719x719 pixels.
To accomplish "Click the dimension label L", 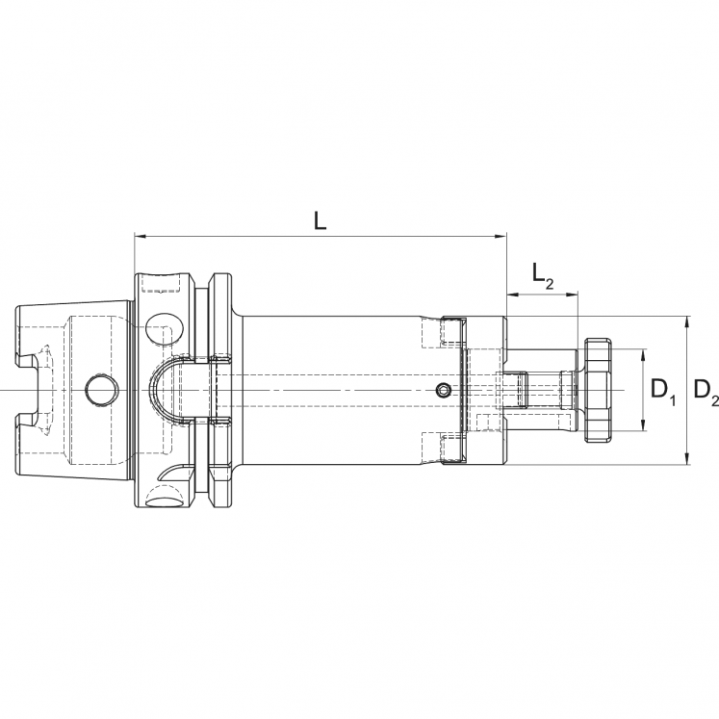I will [x=321, y=219].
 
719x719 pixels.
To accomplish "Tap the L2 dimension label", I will [x=543, y=277].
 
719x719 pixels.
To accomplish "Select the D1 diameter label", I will [x=661, y=390].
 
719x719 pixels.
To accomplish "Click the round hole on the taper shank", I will [x=99, y=390].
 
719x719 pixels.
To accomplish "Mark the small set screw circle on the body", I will [x=442, y=390].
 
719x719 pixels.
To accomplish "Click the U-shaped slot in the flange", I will [x=179, y=390].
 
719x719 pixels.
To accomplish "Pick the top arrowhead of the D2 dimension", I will [x=686, y=321].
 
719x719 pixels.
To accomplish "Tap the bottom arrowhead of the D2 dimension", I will [x=686, y=459].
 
